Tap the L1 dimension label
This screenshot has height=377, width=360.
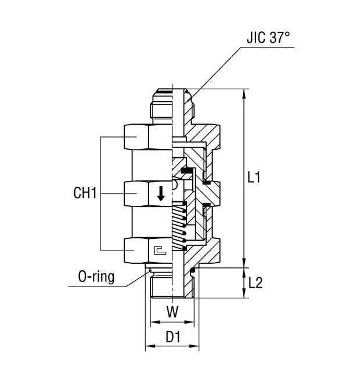(x=253, y=178)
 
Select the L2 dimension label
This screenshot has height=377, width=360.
(x=256, y=283)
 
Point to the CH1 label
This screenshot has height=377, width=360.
(x=84, y=194)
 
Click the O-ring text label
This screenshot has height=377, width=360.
(x=96, y=277)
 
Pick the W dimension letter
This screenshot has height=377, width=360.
(x=172, y=312)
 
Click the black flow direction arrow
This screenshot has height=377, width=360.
(x=161, y=194)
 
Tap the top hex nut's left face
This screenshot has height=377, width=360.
(x=136, y=137)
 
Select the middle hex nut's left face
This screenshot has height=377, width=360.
(x=136, y=193)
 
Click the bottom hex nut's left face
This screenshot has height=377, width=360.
(x=136, y=249)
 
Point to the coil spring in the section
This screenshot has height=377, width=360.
(x=180, y=226)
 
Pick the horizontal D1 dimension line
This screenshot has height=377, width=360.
(x=172, y=347)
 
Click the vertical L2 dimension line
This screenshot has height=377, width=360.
(x=242, y=283)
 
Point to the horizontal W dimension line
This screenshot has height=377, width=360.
(x=172, y=322)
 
